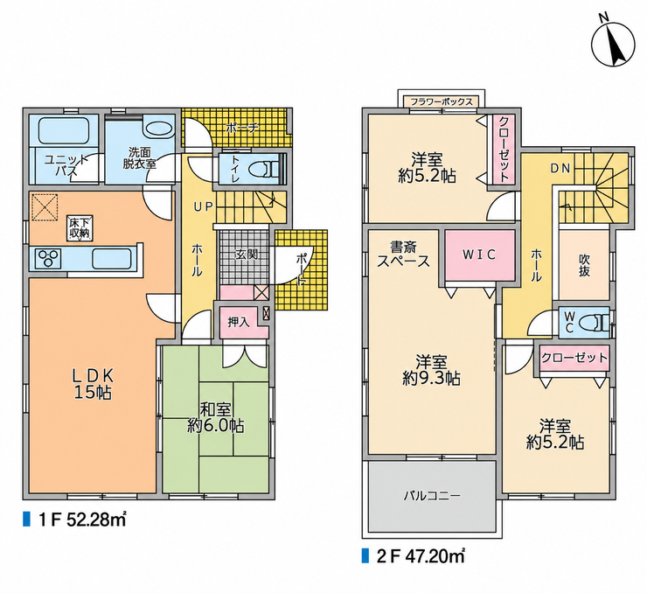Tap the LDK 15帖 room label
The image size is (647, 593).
93,384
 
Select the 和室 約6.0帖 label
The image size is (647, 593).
215,417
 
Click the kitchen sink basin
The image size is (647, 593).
111,259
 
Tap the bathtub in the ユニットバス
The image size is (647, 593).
63,128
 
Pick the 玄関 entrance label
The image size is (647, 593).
247,255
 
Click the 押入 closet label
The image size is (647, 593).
239,322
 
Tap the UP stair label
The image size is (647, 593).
204,206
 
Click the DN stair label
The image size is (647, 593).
560,169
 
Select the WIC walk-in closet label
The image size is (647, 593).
478,255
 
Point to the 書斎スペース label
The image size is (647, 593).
404,254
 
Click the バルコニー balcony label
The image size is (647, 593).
432,495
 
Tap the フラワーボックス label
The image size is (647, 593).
442,101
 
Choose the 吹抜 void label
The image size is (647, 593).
584,265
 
